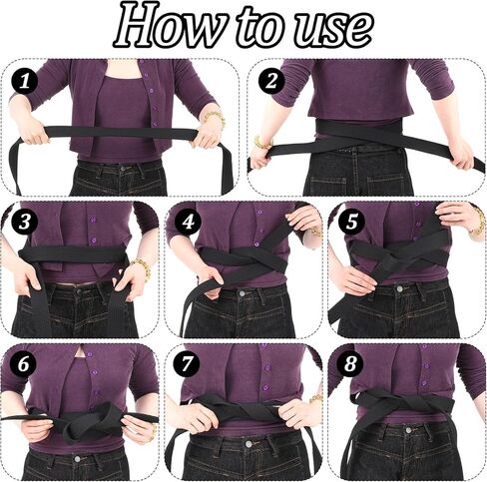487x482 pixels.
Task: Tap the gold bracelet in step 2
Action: pyautogui.click(x=262, y=143)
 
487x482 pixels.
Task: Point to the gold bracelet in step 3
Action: pyautogui.click(x=142, y=267)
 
